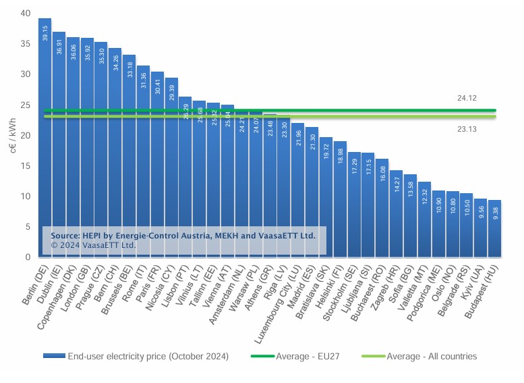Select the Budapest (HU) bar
(494, 230)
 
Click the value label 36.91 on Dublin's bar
(59, 48)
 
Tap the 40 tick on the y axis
(25, 14)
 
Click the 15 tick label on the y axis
(25, 166)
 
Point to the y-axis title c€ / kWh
(11, 136)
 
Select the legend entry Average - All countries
(432, 356)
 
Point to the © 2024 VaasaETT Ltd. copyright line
(94, 246)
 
